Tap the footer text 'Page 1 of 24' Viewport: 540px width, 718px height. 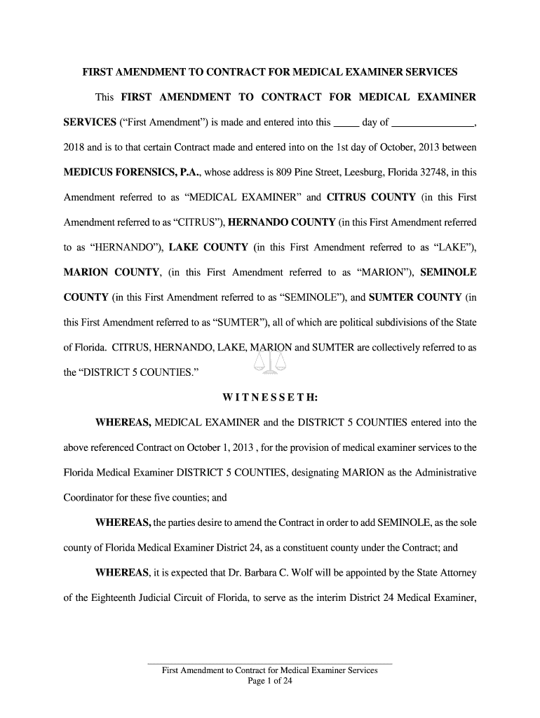click(270, 680)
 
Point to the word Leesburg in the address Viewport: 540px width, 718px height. click(357, 172)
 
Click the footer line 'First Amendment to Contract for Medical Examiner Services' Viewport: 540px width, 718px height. click(270, 670)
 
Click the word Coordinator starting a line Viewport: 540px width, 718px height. click(88, 498)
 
